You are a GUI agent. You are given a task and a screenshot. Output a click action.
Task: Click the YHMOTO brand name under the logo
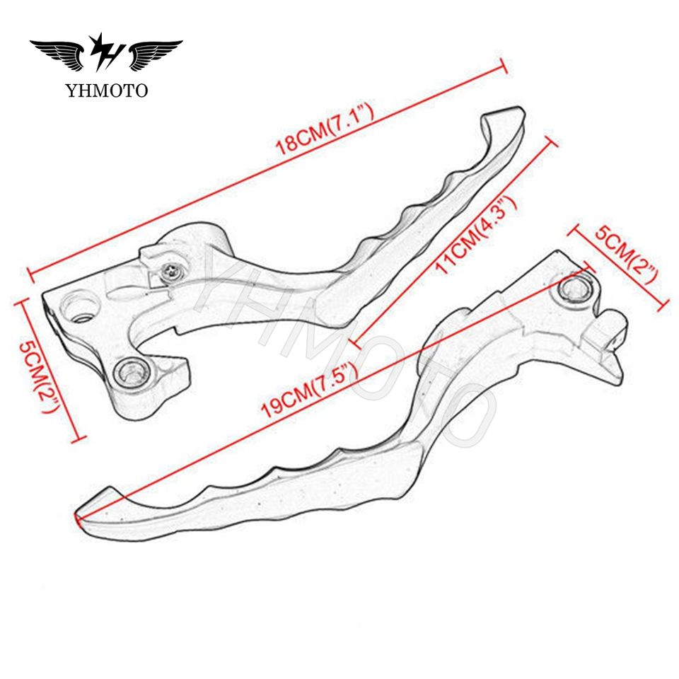tap(107, 90)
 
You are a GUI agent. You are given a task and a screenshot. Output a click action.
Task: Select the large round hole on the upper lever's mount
tap(79, 307)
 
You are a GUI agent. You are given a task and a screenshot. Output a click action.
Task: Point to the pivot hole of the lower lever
tap(574, 289)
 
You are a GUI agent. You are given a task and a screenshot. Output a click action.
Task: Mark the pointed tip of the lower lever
tap(79, 516)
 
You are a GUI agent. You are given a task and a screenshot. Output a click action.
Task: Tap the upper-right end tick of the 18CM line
tap(505, 65)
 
